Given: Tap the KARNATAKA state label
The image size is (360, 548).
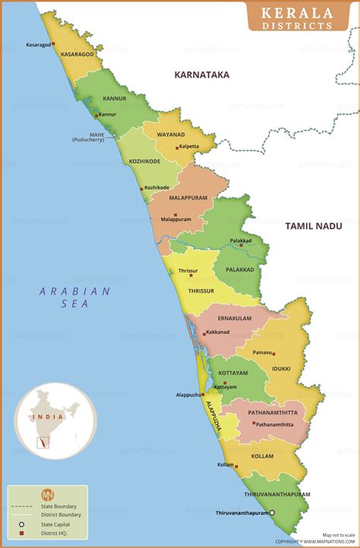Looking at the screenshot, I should (x=201, y=75).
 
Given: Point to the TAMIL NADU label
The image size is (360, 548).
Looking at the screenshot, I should (x=313, y=225).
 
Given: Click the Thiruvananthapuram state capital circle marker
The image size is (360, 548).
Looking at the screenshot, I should (x=273, y=513).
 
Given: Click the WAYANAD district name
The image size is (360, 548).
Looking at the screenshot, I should (x=171, y=134).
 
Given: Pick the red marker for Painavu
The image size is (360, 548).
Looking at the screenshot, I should (x=273, y=353).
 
